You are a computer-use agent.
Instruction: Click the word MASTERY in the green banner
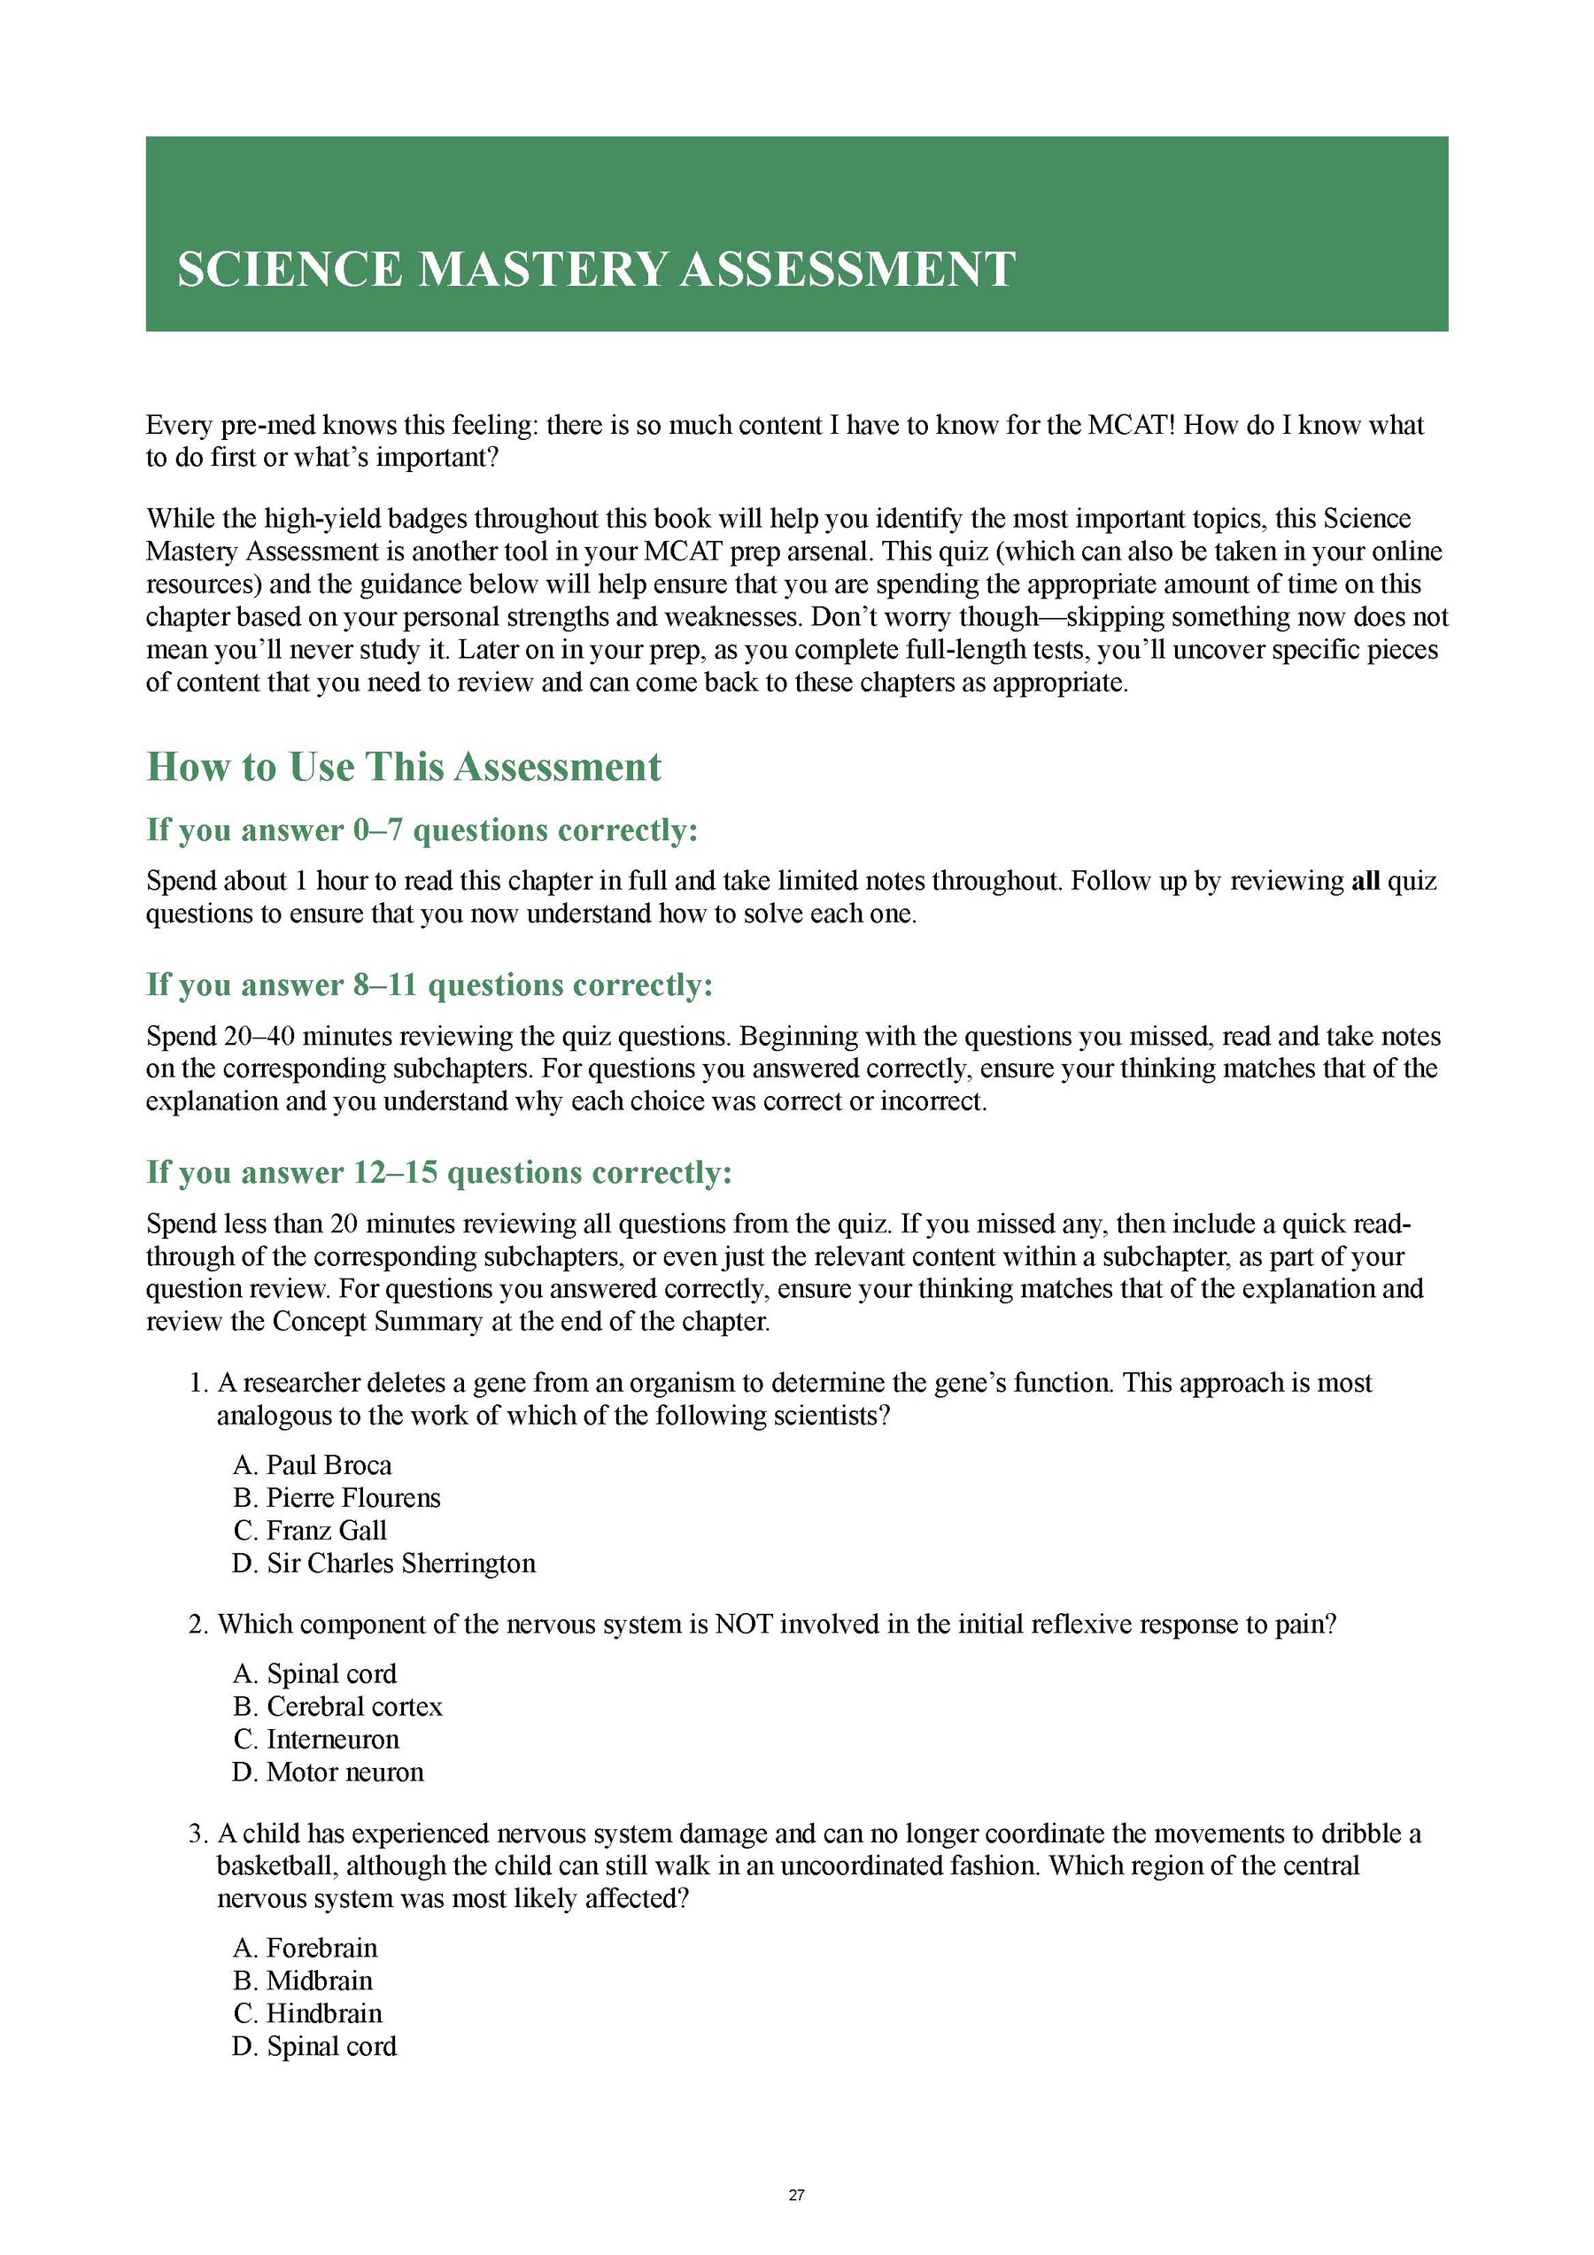click(x=543, y=269)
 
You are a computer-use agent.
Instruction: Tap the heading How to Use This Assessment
click(x=404, y=767)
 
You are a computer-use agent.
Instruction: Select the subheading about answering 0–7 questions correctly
click(x=422, y=830)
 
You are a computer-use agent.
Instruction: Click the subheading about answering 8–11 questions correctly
click(x=429, y=985)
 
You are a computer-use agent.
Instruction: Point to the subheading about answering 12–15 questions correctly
click(x=439, y=1173)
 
